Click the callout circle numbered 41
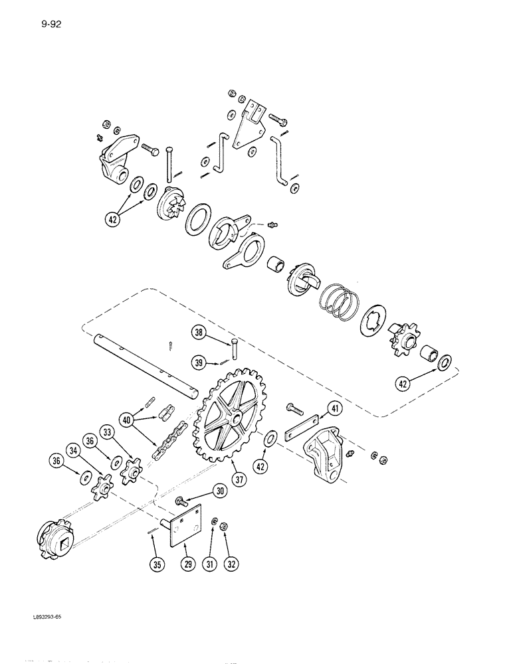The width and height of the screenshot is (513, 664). coord(334,410)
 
